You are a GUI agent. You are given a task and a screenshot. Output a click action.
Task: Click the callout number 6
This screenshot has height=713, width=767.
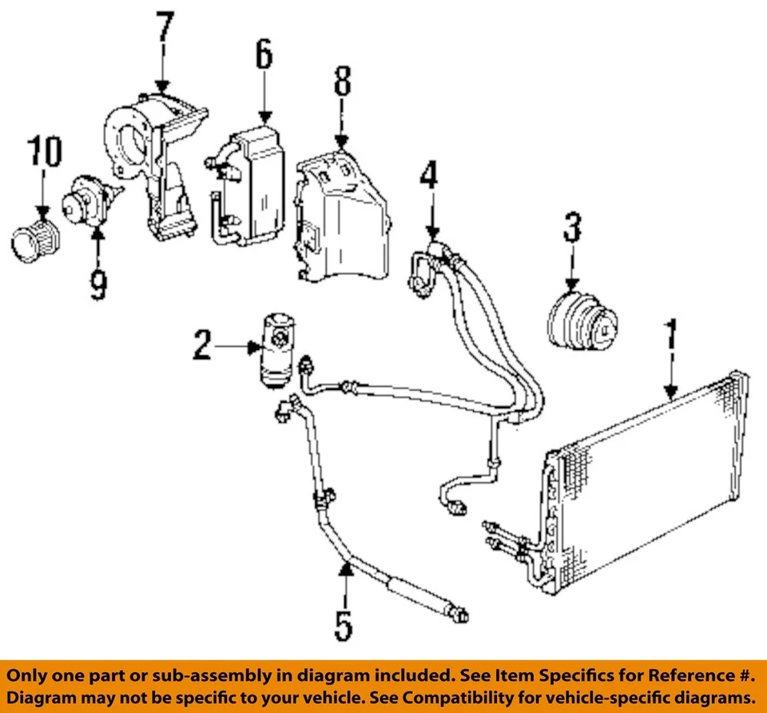(x=264, y=55)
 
